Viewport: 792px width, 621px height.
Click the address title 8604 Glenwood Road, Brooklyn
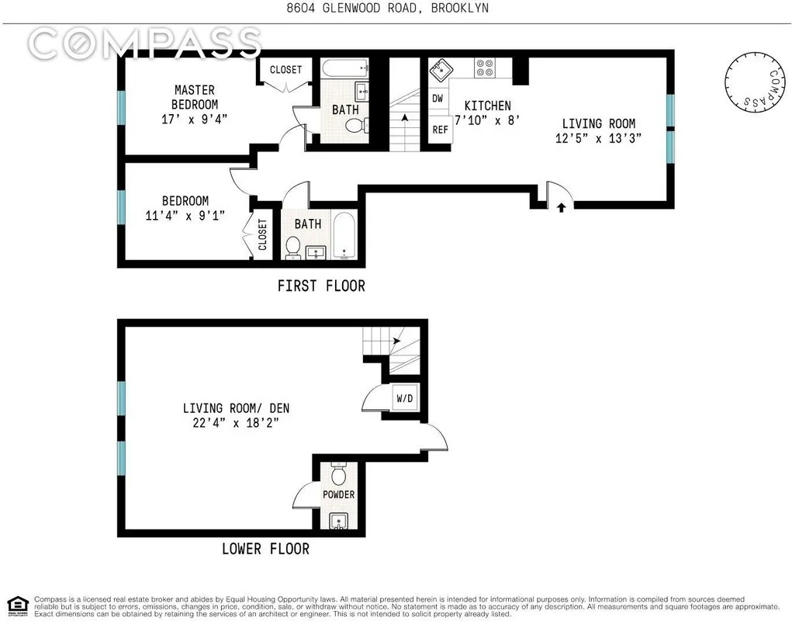pos(396,9)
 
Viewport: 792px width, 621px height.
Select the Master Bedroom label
pos(194,97)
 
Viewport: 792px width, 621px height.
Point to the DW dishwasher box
pos(438,99)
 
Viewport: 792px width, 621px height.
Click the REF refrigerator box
pos(440,130)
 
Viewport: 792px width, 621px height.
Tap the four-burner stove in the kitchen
pos(485,68)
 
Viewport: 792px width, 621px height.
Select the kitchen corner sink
pos(440,68)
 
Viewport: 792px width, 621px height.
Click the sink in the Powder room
pos(339,521)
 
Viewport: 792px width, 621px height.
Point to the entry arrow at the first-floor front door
pos(561,207)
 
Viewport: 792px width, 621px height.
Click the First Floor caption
pos(320,286)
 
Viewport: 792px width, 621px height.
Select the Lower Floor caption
pos(265,549)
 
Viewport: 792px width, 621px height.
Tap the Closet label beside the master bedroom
pos(285,70)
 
